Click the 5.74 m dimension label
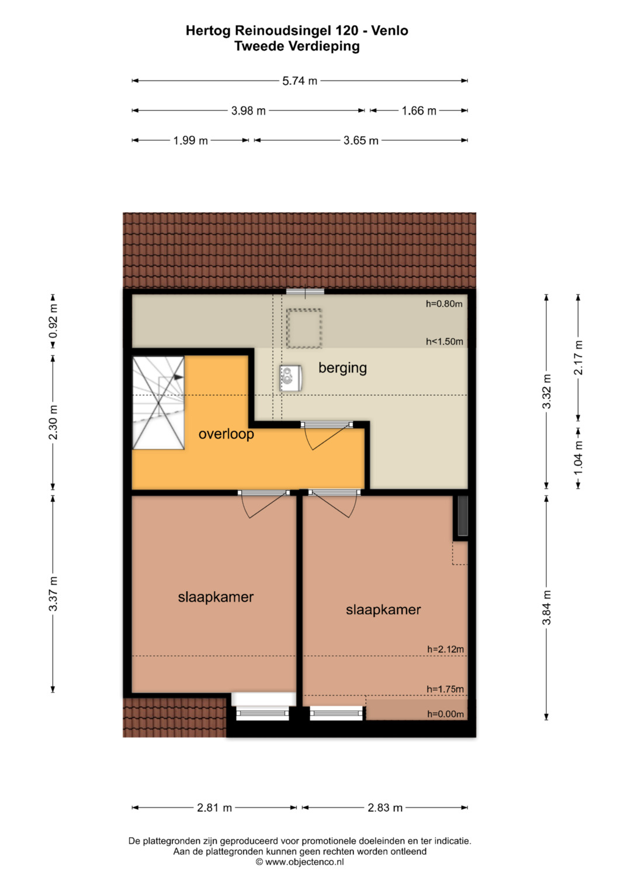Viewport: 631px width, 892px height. pyautogui.click(x=300, y=81)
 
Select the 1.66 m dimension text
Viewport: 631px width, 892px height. pyautogui.click(x=419, y=111)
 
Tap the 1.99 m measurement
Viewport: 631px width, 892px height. pyautogui.click(x=190, y=141)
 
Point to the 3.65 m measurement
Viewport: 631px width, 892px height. pyautogui.click(x=361, y=141)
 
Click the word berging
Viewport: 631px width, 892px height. pyautogui.click(x=342, y=368)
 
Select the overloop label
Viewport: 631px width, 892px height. pyautogui.click(x=226, y=433)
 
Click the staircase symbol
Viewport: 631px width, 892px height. pyautogui.click(x=158, y=403)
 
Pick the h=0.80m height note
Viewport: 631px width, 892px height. pyautogui.click(x=444, y=304)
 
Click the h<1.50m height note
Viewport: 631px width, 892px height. pyautogui.click(x=445, y=342)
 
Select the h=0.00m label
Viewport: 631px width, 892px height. pyautogui.click(x=445, y=714)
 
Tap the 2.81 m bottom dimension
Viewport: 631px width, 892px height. pyautogui.click(x=214, y=808)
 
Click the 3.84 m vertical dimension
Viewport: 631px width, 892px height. pyautogui.click(x=546, y=608)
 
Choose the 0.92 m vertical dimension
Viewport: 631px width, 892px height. pyautogui.click(x=53, y=321)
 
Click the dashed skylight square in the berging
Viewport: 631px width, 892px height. pyautogui.click(x=304, y=328)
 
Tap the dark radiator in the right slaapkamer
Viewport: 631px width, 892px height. pyautogui.click(x=463, y=516)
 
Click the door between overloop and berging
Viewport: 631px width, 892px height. pyautogui.click(x=327, y=435)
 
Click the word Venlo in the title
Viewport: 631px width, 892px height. pyautogui.click(x=390, y=30)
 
